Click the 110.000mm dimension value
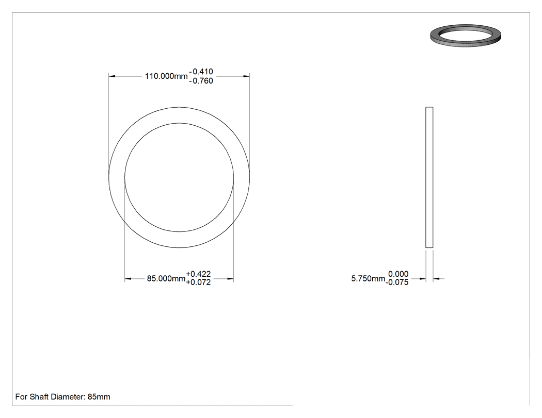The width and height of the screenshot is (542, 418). point(166,76)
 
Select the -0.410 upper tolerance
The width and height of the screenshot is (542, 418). point(201,72)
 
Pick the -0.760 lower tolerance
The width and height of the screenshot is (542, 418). point(201,81)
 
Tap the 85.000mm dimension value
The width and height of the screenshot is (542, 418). point(166,278)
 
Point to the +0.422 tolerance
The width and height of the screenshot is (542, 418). point(198,274)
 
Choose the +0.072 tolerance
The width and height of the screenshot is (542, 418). point(198,282)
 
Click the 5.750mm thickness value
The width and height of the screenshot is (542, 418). point(368,278)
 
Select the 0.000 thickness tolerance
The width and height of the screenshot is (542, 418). point(398,274)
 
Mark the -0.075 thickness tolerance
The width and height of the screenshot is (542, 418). point(397,282)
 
